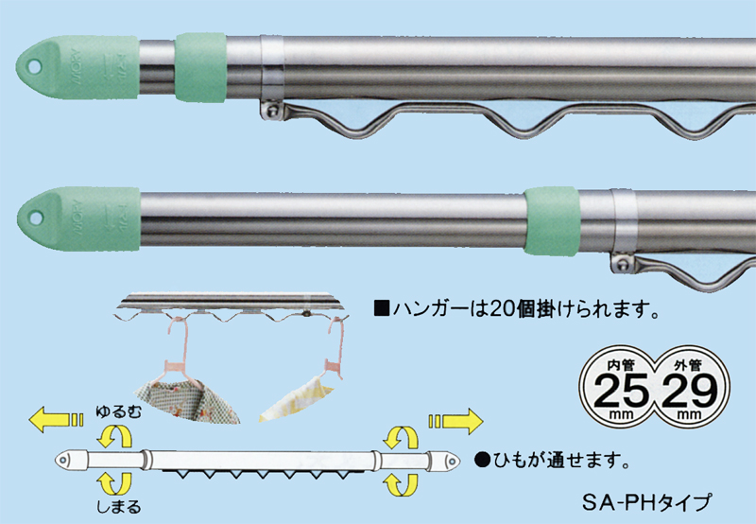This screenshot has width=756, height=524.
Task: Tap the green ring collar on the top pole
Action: [x=199, y=65]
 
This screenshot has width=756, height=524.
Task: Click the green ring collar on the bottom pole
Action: [x=553, y=220]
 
